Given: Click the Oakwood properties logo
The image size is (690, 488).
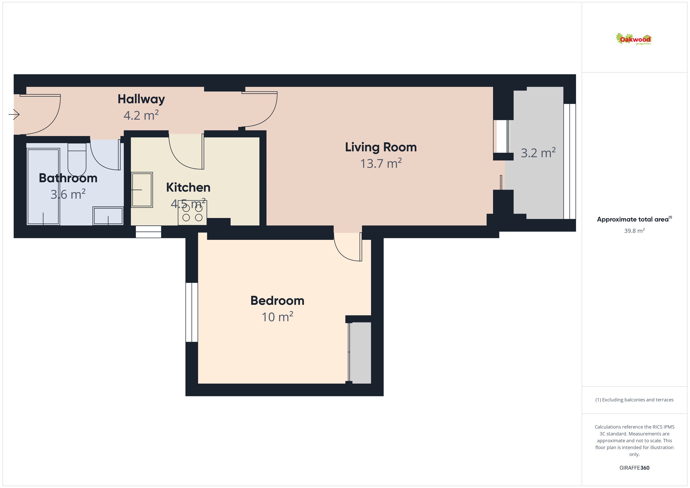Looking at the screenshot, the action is coord(633,39).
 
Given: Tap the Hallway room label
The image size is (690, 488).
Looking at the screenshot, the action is coord(141,99).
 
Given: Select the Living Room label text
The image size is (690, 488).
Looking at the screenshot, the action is coord(381,147).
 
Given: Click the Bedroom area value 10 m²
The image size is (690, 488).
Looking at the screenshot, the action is coord(277,317).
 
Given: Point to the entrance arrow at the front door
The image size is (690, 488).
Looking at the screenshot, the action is coord(14,114).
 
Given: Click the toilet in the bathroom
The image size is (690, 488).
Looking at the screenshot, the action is coord(77,159).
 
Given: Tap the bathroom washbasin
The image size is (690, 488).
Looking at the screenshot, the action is coord(108,216).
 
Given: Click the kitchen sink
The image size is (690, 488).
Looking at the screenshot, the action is coord(142,190).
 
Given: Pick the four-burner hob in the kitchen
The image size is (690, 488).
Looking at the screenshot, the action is coord(192,213).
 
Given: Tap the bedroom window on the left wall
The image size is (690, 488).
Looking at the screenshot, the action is coord(192,312).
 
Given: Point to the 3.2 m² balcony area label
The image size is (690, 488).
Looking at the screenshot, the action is coord(538,153).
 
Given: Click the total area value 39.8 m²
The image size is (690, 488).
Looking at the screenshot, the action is coord(634,231).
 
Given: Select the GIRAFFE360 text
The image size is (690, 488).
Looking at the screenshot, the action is coord(634,468).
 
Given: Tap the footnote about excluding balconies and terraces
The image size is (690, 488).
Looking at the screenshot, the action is coord(634,400).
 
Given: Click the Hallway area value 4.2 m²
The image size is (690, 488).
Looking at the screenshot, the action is coord(141,115).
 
